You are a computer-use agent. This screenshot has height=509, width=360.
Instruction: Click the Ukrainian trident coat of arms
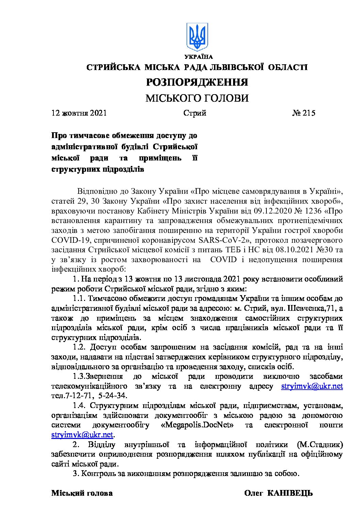[x=197, y=37]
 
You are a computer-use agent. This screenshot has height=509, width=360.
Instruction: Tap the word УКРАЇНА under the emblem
[x=199, y=57]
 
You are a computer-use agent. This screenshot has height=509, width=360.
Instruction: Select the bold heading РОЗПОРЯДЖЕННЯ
[x=197, y=82]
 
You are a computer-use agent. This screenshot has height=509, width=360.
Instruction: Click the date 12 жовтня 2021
[x=79, y=113]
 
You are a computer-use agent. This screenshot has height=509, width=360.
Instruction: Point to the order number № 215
[x=304, y=113]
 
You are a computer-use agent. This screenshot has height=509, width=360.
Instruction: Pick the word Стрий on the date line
[x=195, y=113]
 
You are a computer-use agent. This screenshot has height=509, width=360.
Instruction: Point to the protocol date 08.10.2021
[x=295, y=250]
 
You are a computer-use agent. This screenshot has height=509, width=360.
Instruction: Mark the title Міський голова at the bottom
[x=82, y=493]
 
